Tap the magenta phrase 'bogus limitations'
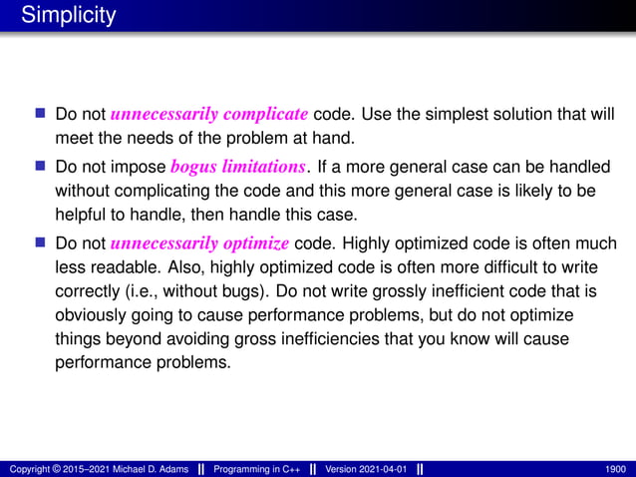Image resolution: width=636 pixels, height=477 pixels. coord(235,166)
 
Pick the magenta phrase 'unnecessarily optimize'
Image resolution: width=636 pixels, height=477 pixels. coord(200,243)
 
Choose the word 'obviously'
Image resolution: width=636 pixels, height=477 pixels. coord(91,315)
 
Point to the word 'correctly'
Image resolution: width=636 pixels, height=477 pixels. coord(89,291)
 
